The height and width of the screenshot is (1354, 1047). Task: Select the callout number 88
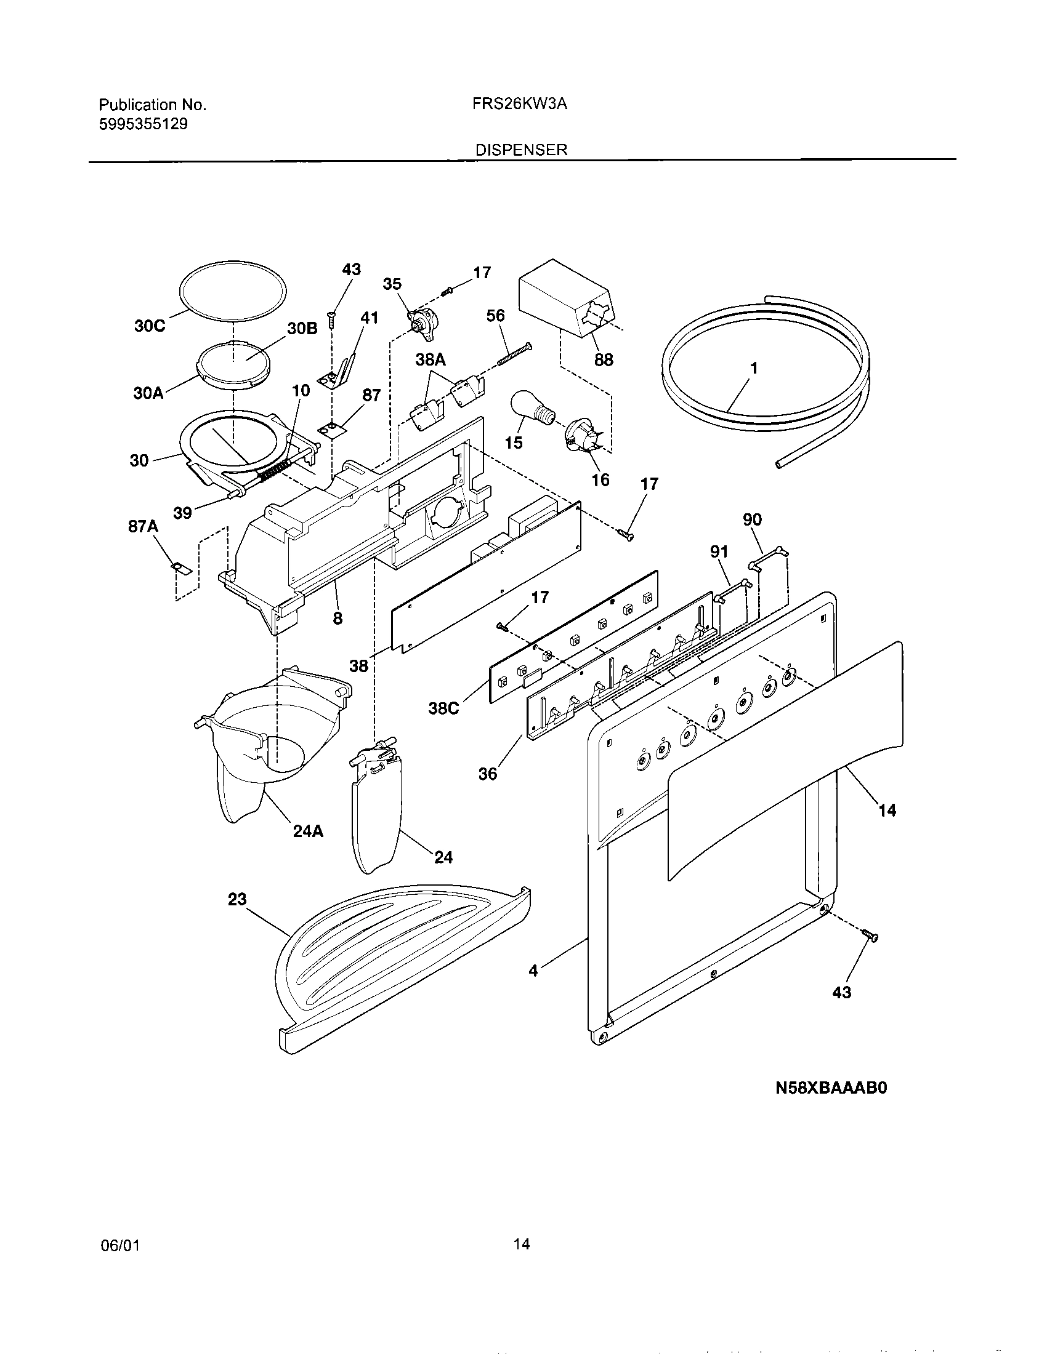click(x=603, y=359)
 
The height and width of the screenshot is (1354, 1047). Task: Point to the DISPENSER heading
click(x=521, y=150)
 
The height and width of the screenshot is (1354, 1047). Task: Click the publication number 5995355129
click(x=144, y=124)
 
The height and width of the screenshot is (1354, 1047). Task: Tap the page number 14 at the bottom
click(x=522, y=1244)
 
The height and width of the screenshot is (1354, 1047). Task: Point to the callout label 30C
click(x=150, y=326)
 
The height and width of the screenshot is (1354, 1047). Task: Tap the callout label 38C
click(x=444, y=708)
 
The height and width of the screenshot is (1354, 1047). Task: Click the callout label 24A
click(x=309, y=831)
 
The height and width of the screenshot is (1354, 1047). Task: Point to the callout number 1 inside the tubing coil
click(x=754, y=368)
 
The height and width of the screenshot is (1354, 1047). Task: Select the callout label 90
click(x=752, y=519)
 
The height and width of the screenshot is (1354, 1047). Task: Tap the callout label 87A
click(x=144, y=526)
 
